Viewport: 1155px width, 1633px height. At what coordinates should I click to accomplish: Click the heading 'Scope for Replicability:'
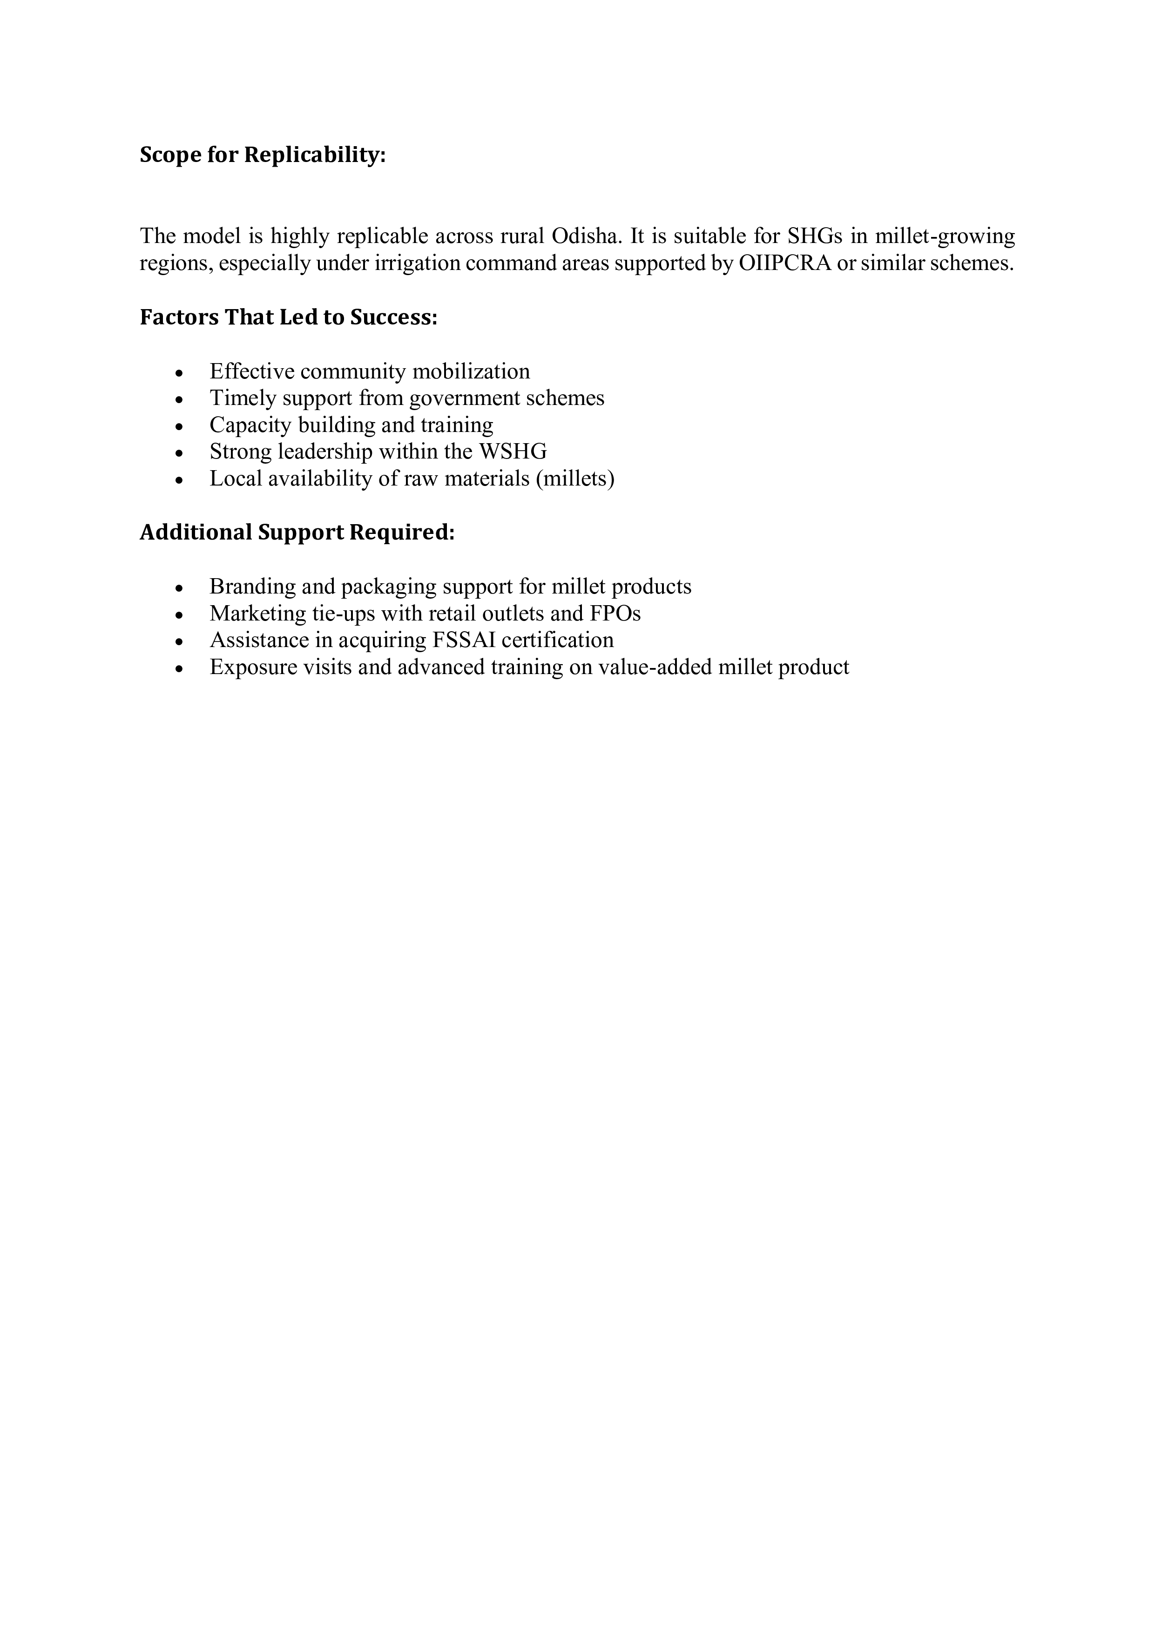(x=263, y=155)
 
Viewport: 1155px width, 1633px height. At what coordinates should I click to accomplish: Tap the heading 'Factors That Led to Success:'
(x=288, y=317)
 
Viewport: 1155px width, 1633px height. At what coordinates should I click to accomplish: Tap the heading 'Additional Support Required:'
(x=297, y=533)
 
